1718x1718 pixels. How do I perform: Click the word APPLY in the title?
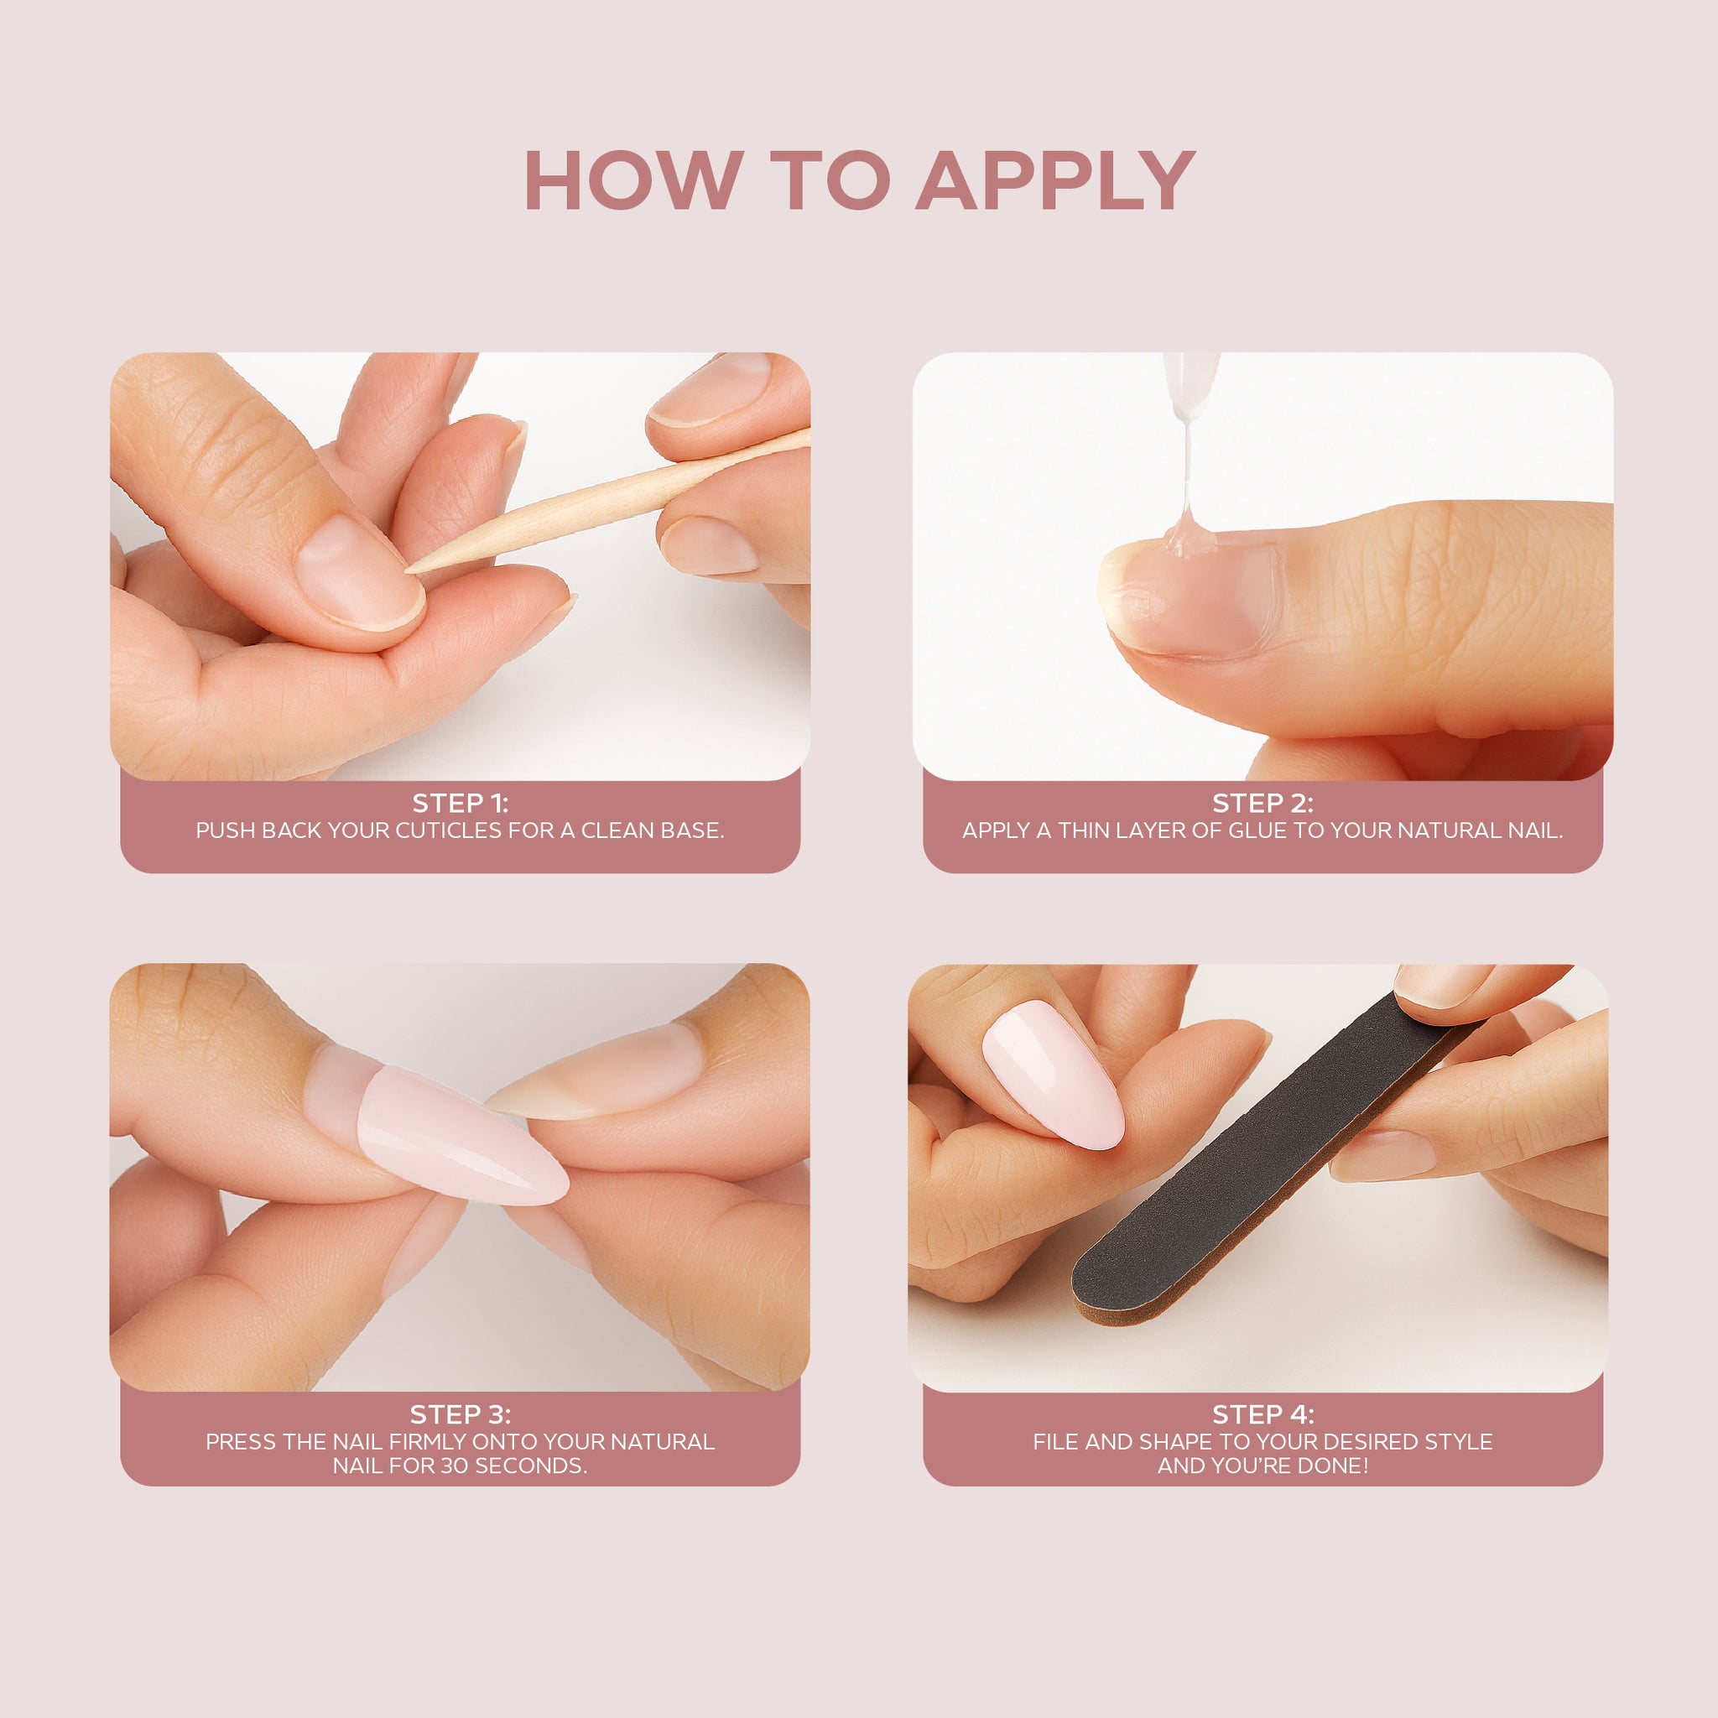[x=1055, y=180]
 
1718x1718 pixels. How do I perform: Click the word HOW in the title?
[x=634, y=180]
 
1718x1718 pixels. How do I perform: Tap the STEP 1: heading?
[x=460, y=803]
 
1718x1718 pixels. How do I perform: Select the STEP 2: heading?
[x=1262, y=803]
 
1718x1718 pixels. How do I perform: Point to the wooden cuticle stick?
[x=608, y=500]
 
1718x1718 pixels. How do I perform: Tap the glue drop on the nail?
[x=1189, y=534]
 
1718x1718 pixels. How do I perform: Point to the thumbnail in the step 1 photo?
[x=360, y=574]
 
